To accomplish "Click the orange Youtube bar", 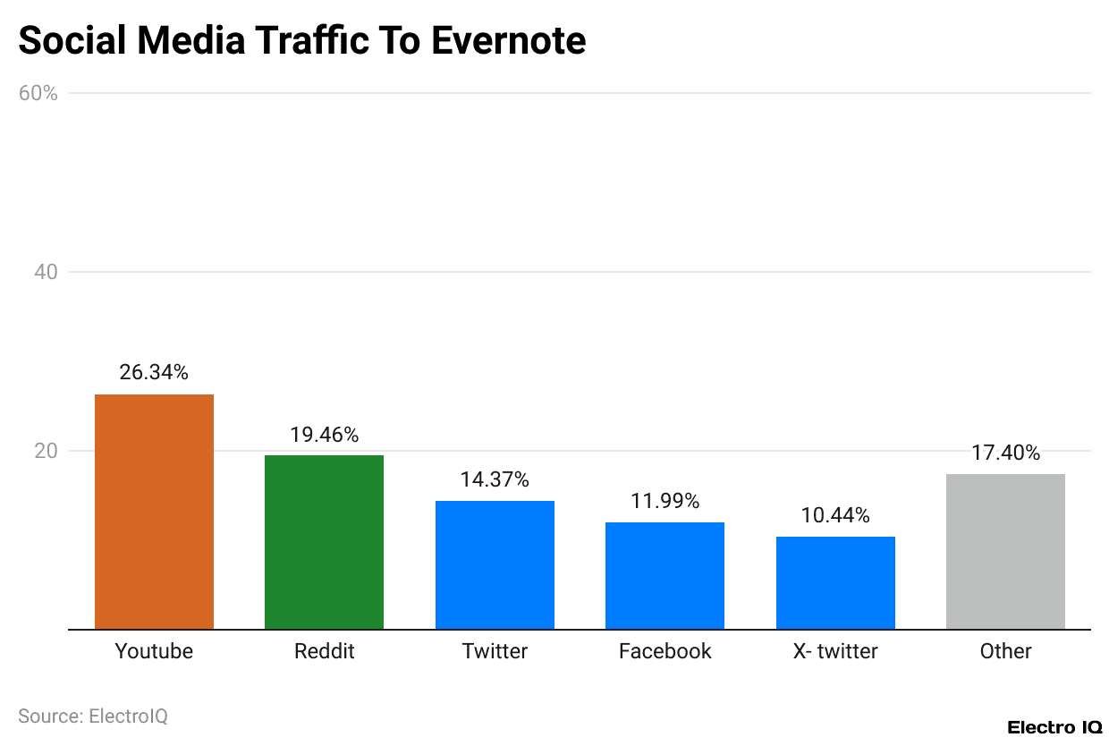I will click(154, 512).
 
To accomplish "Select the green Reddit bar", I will click(324, 542).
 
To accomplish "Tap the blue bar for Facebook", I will click(665, 576).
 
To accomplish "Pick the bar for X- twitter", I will click(835, 583).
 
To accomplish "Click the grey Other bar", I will click(1005, 552).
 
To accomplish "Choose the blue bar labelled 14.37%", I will click(495, 565).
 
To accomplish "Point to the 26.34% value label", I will click(154, 373).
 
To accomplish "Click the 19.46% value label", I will click(324, 435).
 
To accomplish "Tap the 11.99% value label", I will click(665, 502).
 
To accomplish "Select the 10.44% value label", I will click(835, 515).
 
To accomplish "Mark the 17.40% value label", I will click(1005, 454).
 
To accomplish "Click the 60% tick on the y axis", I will click(38, 93).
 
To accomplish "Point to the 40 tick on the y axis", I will click(47, 272).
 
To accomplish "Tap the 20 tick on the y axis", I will click(47, 451).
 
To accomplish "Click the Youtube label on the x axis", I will click(154, 651).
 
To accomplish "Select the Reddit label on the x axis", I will click(324, 651).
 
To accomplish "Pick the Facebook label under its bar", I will click(665, 651).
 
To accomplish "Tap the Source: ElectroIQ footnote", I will click(93, 716).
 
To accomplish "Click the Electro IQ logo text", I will click(1054, 727).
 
